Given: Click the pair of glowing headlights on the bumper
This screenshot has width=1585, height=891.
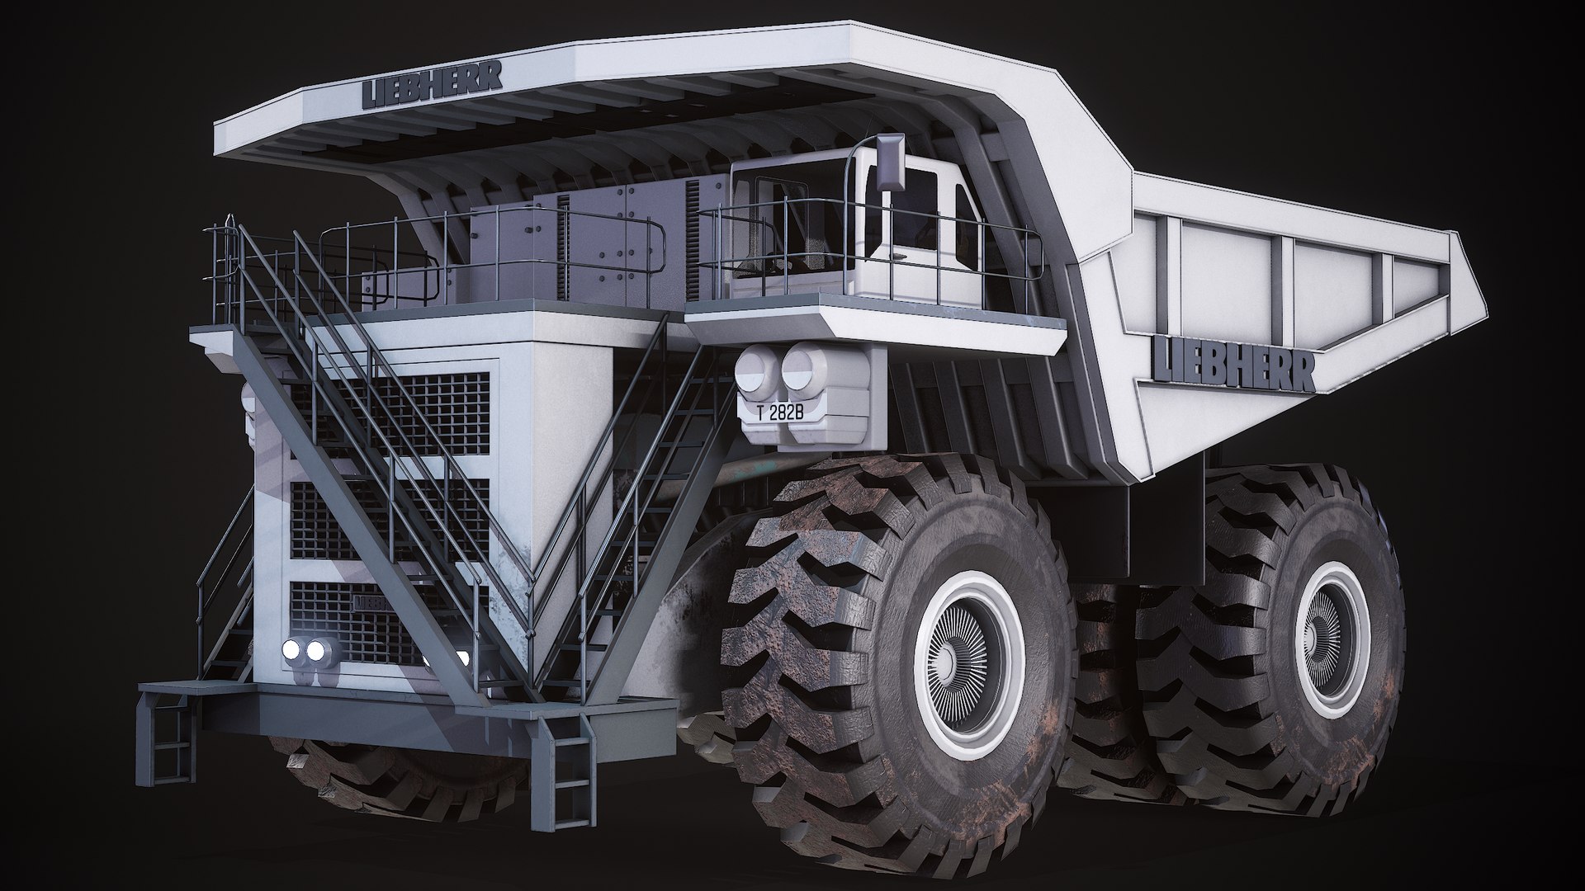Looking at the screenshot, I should coord(304,652).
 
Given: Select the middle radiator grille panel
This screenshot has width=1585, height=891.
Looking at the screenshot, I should coord(388,516).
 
